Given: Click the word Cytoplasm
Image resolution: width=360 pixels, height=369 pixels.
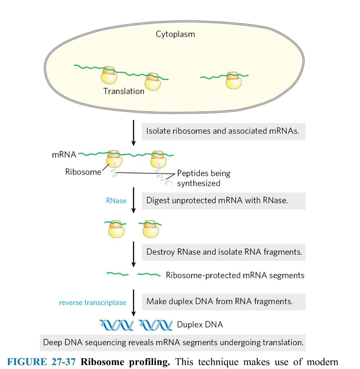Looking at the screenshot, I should (x=175, y=34).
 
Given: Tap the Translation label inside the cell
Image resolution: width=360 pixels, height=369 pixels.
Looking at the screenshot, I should (x=124, y=91).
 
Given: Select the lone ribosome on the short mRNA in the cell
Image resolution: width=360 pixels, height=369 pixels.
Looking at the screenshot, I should (x=233, y=80).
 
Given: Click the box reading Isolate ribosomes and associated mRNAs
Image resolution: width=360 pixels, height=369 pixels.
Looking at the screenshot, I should (x=223, y=131).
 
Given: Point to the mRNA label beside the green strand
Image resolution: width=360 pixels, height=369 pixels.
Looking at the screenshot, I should (x=64, y=155).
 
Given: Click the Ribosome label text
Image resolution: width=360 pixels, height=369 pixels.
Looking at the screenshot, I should (x=83, y=172).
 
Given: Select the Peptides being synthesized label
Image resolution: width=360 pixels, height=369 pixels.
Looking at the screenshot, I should (x=203, y=178).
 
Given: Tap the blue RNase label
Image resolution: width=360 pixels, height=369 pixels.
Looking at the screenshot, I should (x=116, y=201).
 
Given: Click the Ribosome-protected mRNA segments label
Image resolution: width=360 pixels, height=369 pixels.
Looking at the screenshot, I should (x=235, y=275).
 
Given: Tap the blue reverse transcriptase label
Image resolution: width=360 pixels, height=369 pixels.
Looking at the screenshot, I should (x=93, y=302).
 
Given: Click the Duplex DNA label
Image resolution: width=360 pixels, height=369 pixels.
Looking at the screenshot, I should (x=199, y=325).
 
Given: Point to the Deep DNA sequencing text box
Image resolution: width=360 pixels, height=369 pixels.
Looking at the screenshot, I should (x=173, y=342).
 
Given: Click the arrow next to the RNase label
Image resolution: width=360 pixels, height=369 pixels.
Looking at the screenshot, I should (x=134, y=200).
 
